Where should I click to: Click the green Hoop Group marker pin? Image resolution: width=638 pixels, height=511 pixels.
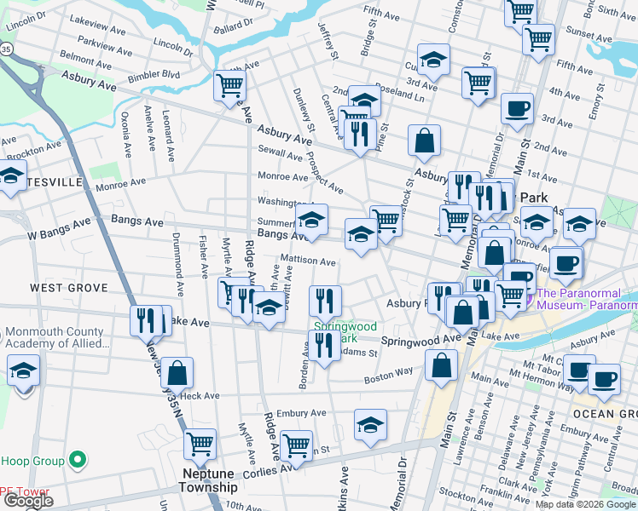click(x=78, y=461)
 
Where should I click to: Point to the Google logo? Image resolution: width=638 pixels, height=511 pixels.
click(x=27, y=502)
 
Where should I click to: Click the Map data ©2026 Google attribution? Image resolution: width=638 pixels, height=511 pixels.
click(x=585, y=504)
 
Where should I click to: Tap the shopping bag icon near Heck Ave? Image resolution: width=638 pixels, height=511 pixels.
click(x=177, y=372)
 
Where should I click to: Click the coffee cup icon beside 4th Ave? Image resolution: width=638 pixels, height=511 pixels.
click(x=517, y=108)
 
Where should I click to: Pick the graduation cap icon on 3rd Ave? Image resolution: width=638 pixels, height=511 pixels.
click(x=434, y=60)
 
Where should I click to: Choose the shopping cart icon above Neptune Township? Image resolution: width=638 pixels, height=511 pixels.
click(x=200, y=443)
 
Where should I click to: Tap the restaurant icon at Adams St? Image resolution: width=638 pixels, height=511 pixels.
click(x=323, y=345)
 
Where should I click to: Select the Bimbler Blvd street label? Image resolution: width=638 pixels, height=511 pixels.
click(x=154, y=75)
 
